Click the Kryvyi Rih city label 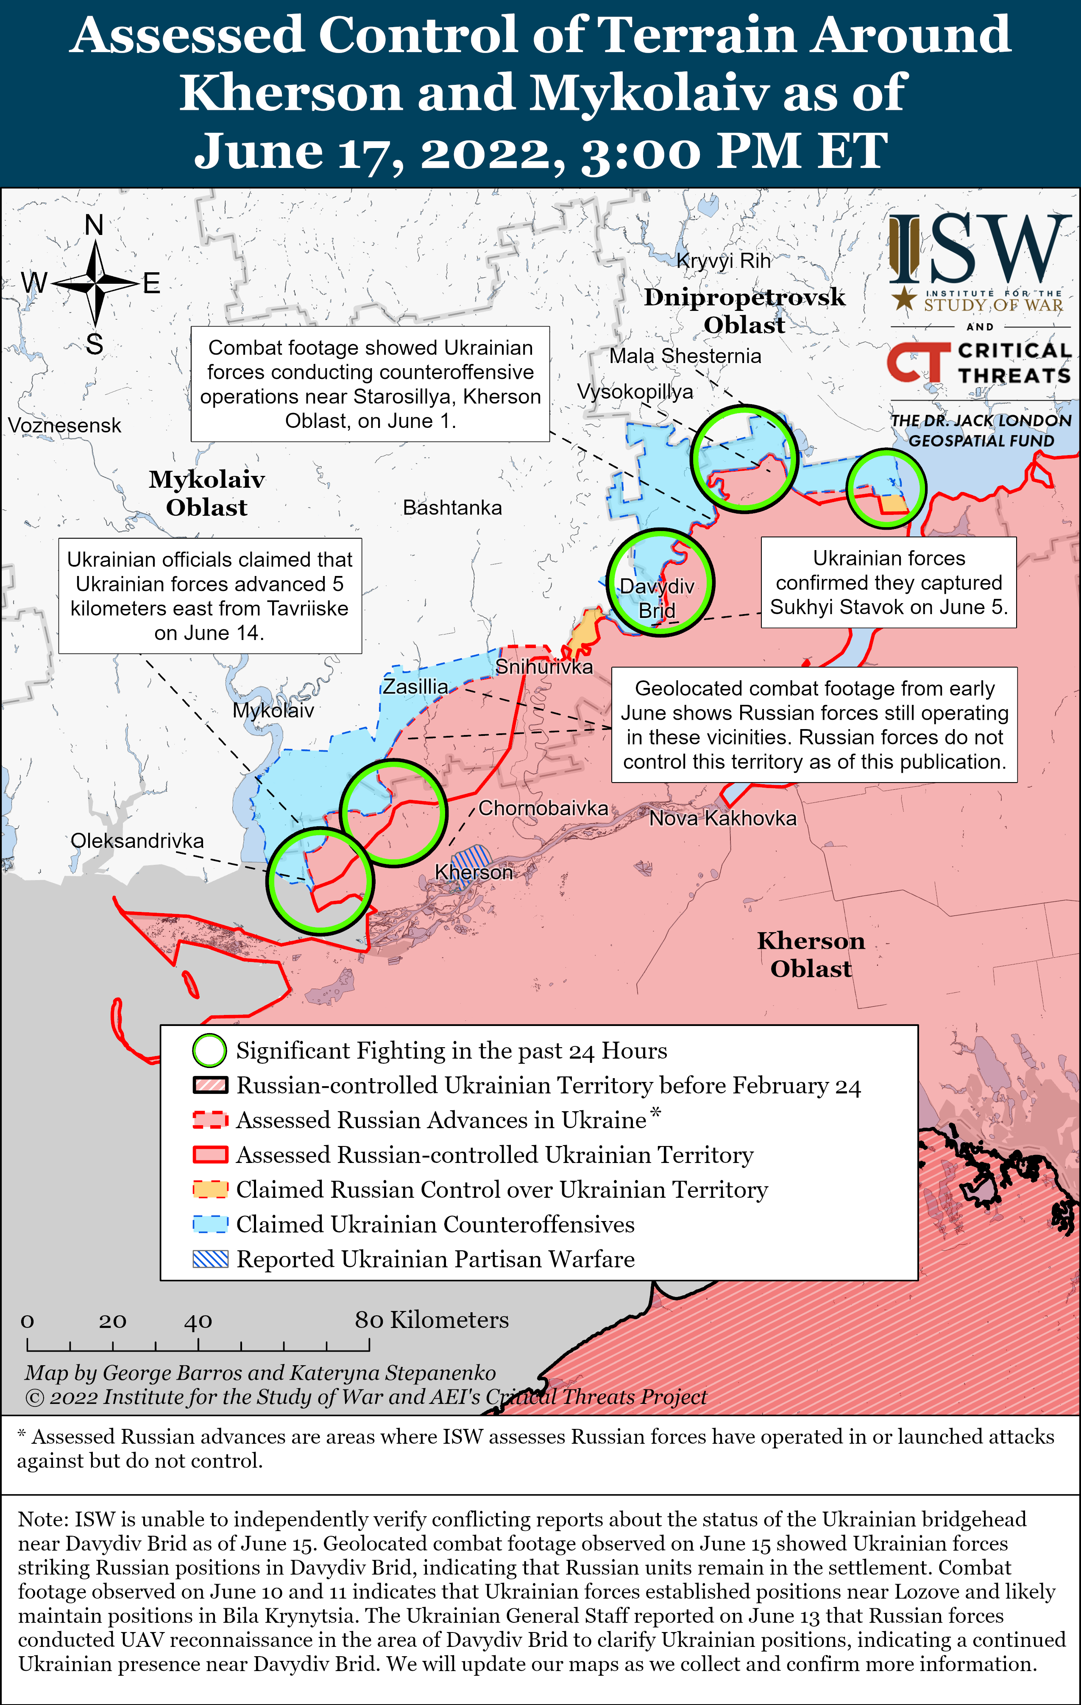point(724,260)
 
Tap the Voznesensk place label point(64,425)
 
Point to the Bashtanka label point(452,508)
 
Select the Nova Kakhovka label point(723,819)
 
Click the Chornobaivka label point(543,808)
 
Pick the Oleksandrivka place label point(137,841)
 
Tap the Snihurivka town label point(544,667)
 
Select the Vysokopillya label point(635,391)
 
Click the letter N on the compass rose point(94,225)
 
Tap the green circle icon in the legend point(209,1051)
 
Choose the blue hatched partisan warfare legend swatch point(210,1259)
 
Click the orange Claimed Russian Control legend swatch point(210,1190)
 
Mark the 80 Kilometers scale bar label point(432,1320)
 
